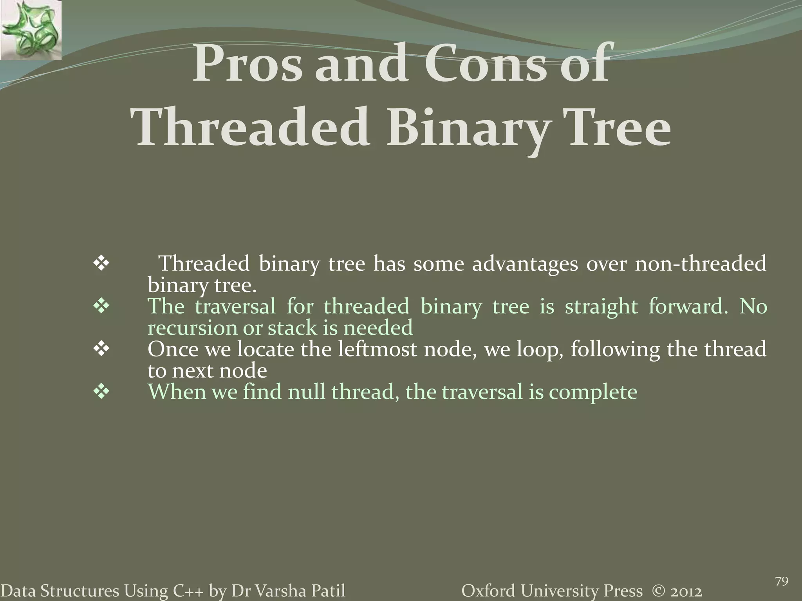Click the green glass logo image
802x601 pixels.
(x=31, y=30)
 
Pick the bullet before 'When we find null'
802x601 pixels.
(x=101, y=392)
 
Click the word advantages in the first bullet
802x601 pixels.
(x=525, y=264)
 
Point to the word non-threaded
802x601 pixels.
(x=700, y=264)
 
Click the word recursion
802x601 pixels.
(x=192, y=328)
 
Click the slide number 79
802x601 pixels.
(x=781, y=571)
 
